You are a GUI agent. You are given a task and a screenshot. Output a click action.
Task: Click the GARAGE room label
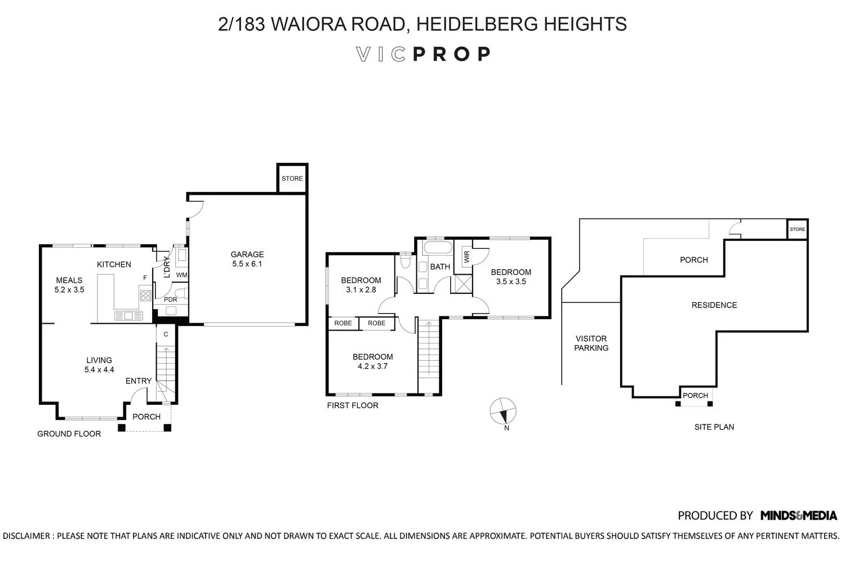click(x=247, y=254)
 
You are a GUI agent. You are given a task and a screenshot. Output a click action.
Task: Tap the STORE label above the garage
click(x=292, y=178)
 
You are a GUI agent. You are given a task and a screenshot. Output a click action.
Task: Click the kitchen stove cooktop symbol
click(x=145, y=295)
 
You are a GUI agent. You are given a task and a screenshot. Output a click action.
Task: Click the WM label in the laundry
click(x=181, y=275)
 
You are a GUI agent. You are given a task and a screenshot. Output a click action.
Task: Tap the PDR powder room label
click(x=170, y=300)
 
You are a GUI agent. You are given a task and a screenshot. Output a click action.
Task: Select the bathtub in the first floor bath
click(x=435, y=248)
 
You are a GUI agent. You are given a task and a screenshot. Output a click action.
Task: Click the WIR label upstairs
click(x=466, y=257)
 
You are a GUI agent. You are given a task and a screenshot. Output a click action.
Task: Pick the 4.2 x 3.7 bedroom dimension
click(x=372, y=366)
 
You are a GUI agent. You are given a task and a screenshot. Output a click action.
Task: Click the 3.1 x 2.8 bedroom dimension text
click(x=361, y=290)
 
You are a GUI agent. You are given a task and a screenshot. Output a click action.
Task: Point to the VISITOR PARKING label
click(x=591, y=343)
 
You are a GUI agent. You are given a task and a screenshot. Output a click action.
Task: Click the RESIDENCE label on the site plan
click(x=714, y=305)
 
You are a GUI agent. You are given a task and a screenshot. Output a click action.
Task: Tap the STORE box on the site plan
click(x=797, y=229)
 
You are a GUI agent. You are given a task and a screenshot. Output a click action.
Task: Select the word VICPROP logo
click(x=423, y=54)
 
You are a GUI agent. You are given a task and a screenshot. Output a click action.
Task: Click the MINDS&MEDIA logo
click(x=798, y=515)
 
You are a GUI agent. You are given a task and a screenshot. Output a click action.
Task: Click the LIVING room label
click(x=99, y=360)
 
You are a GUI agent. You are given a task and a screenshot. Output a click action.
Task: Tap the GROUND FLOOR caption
click(x=69, y=434)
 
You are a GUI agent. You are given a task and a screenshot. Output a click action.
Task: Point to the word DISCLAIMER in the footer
click(x=26, y=535)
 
